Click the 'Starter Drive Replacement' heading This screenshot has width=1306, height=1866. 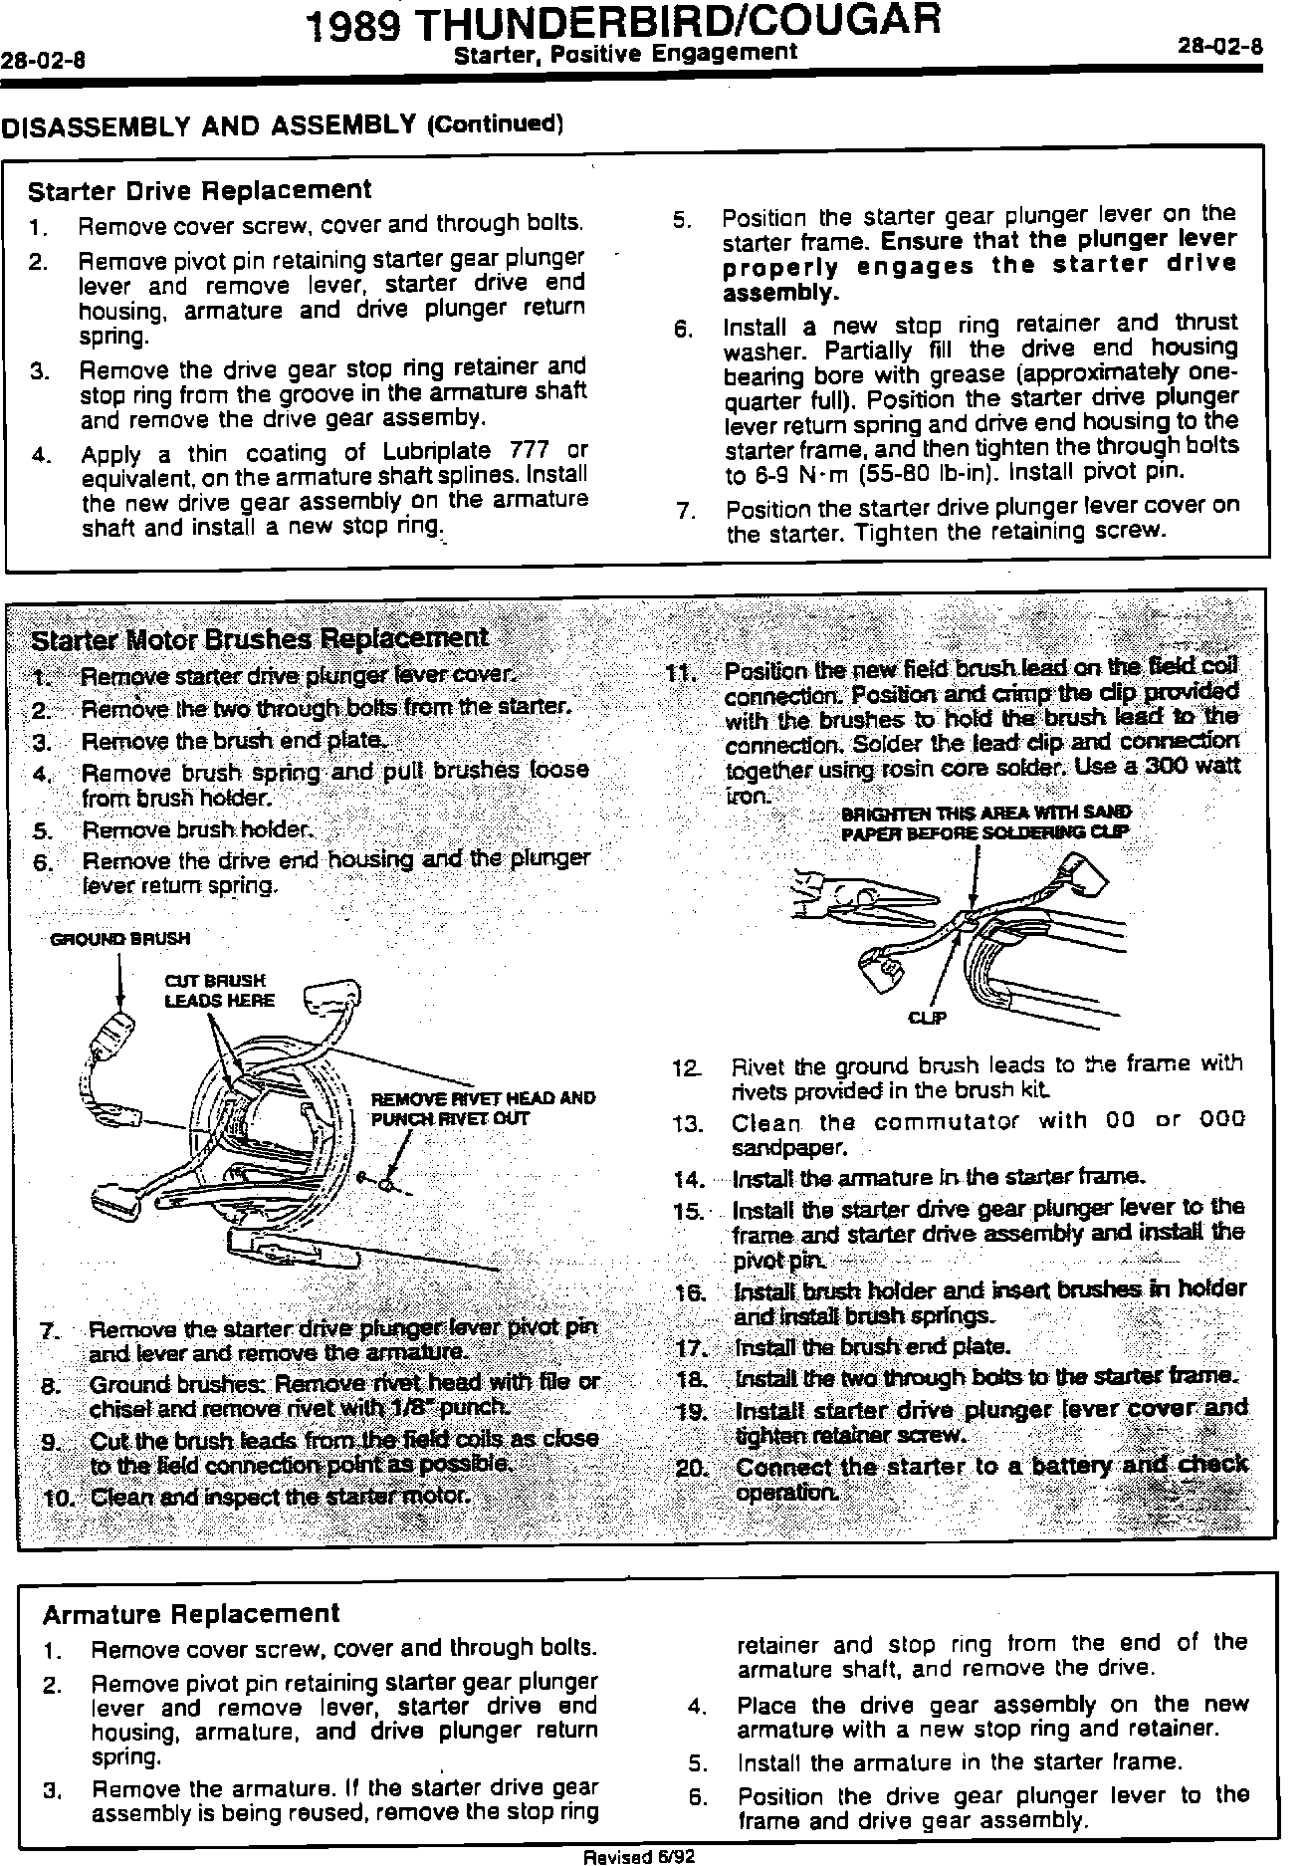pyautogui.click(x=199, y=190)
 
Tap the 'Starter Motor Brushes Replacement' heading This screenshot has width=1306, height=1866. pyautogui.click(x=260, y=638)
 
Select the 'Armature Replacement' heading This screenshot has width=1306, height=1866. pyautogui.click(x=191, y=1613)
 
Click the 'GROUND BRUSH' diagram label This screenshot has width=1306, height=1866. pyautogui.click(x=119, y=938)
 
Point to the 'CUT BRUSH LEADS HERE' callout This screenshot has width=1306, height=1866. pyautogui.click(x=219, y=991)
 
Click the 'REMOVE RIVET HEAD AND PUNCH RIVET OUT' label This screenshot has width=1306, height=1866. pyautogui.click(x=483, y=1107)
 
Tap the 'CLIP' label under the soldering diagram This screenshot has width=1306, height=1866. pyautogui.click(x=927, y=1018)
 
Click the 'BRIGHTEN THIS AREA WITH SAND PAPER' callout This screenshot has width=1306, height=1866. pyautogui.click(x=985, y=822)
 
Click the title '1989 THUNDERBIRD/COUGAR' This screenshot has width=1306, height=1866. pyautogui.click(x=624, y=23)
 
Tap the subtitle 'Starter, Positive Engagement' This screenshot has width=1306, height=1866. pyautogui.click(x=624, y=52)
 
